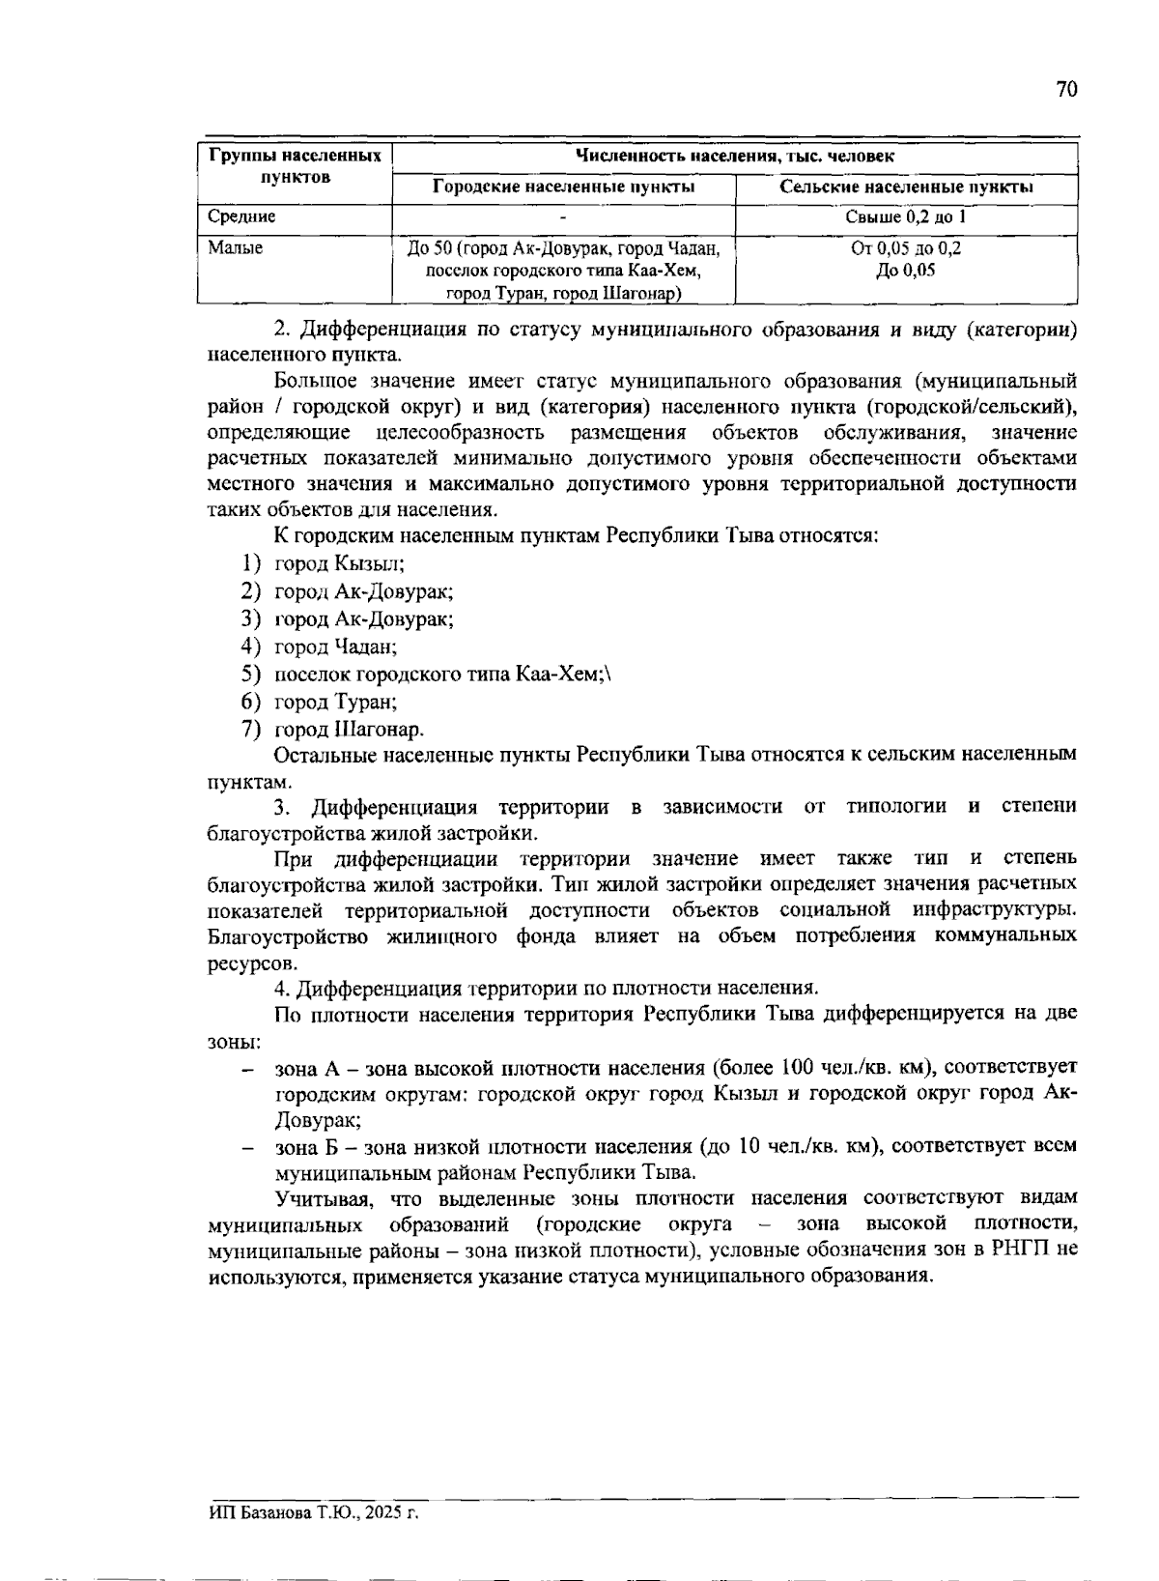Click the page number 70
click(x=1065, y=90)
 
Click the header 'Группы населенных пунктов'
click(x=295, y=166)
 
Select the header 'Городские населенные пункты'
click(x=563, y=187)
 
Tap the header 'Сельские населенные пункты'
click(x=906, y=187)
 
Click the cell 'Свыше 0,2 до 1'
click(x=906, y=217)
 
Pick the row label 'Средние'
click(x=241, y=217)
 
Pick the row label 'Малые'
click(x=236, y=248)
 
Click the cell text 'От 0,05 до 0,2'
click(x=906, y=248)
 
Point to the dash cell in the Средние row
click(x=563, y=218)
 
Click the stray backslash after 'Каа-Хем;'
click(x=608, y=675)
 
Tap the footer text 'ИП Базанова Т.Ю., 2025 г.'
click(x=314, y=1512)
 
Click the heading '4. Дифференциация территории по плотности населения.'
click(x=547, y=988)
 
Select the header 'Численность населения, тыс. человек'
click(x=734, y=157)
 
